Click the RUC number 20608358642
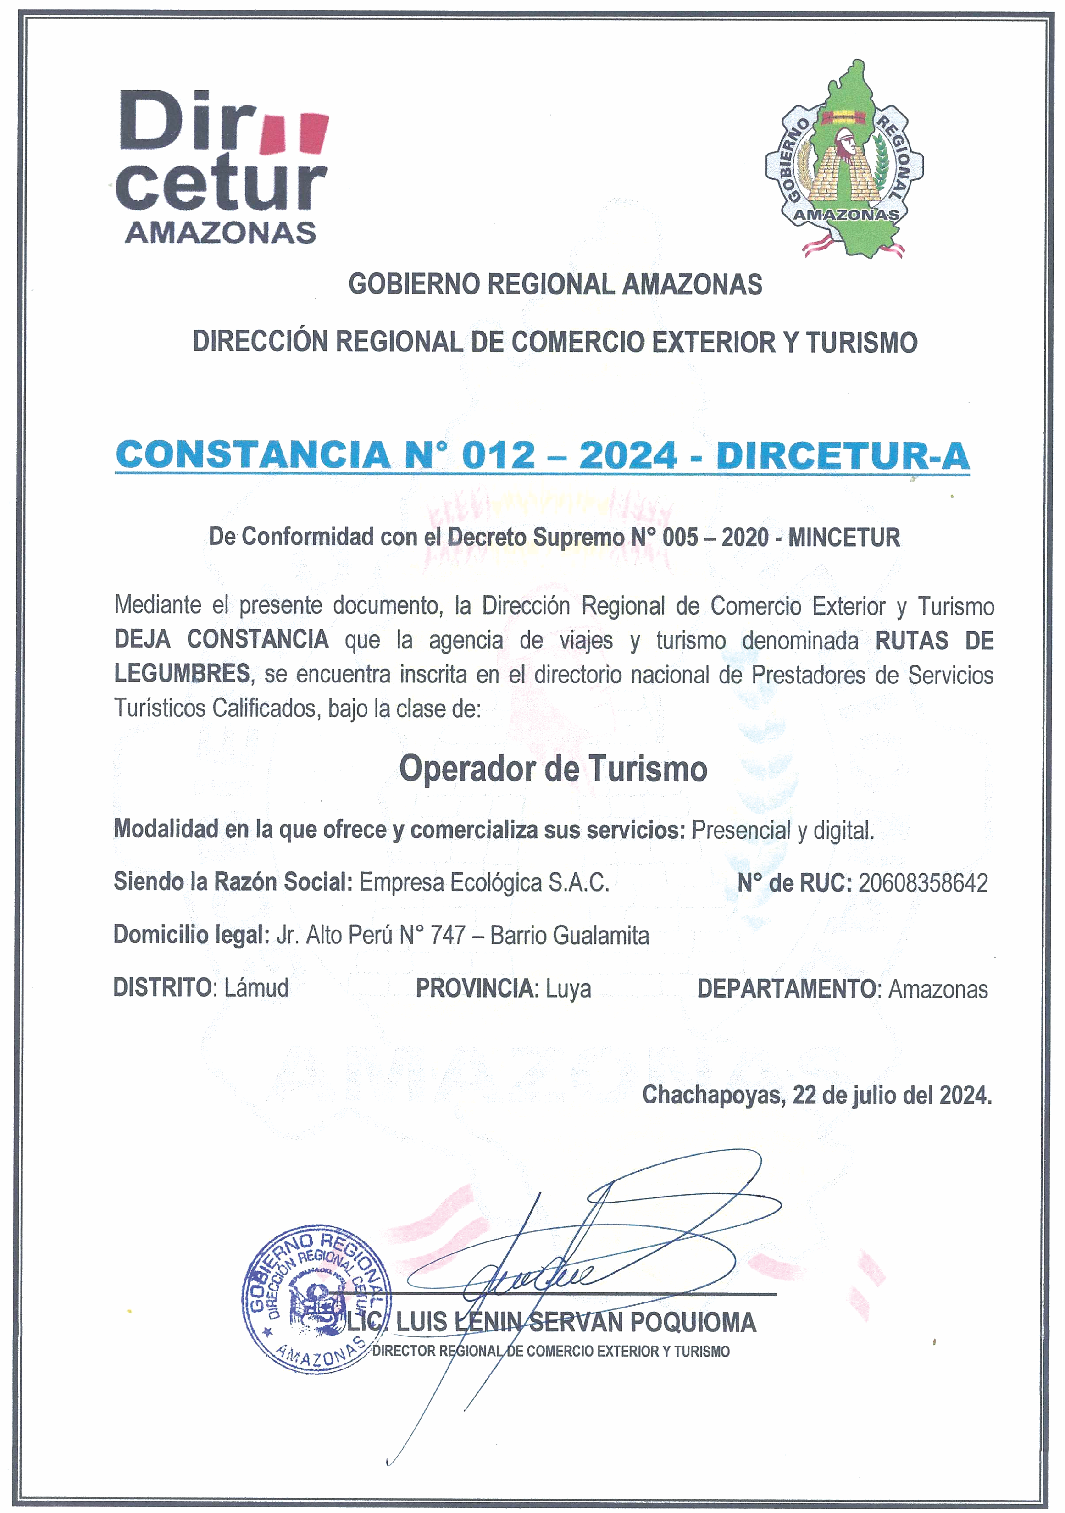pos(923,883)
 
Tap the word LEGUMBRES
pos(182,673)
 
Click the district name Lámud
pos(256,988)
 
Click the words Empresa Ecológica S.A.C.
pos(484,882)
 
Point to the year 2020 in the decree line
pos(745,538)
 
